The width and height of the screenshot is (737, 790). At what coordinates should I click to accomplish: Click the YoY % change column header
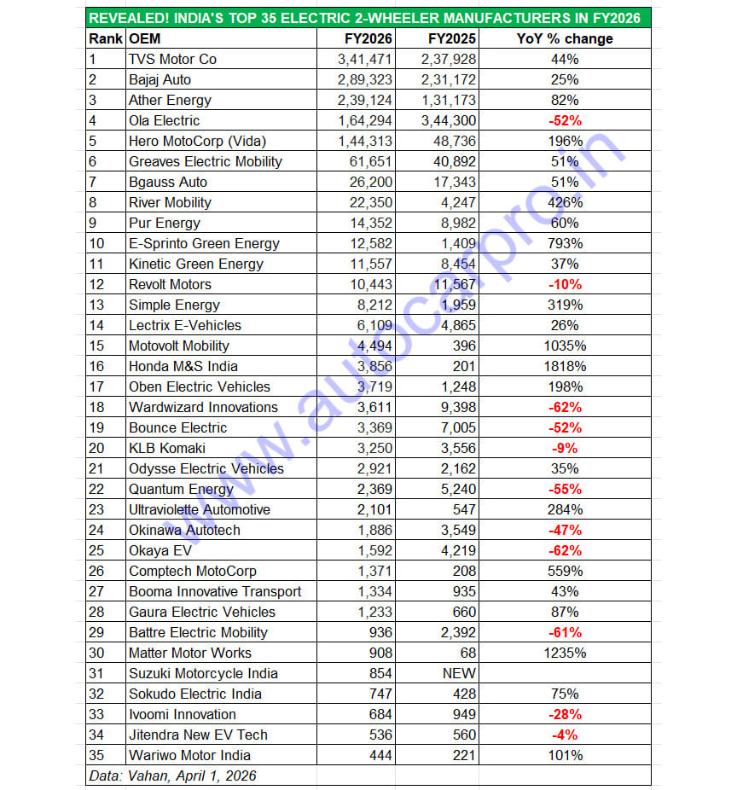pyautogui.click(x=564, y=38)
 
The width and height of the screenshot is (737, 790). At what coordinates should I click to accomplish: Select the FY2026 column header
pyautogui.click(x=368, y=38)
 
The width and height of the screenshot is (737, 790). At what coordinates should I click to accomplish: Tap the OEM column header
pyautogui.click(x=144, y=38)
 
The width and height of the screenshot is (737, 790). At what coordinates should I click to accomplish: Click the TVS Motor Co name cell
pyautogui.click(x=172, y=59)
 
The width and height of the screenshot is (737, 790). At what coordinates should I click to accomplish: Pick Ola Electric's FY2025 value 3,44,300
pyautogui.click(x=449, y=120)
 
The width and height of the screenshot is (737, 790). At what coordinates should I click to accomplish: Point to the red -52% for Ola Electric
pyautogui.click(x=564, y=120)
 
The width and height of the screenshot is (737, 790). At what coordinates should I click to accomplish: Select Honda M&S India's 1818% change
pyautogui.click(x=564, y=366)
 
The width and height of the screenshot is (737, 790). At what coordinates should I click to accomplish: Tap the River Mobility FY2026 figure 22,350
pyautogui.click(x=368, y=202)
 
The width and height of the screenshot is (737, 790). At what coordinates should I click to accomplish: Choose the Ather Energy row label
pyautogui.click(x=171, y=100)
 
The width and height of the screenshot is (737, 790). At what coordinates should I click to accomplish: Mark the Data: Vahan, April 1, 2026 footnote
pyautogui.click(x=171, y=775)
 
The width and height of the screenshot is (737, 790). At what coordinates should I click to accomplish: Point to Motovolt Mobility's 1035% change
pyautogui.click(x=564, y=346)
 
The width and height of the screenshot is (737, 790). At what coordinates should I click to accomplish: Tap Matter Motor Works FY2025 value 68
pyautogui.click(x=467, y=653)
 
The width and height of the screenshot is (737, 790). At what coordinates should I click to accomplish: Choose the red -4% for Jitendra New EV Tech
pyautogui.click(x=564, y=735)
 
